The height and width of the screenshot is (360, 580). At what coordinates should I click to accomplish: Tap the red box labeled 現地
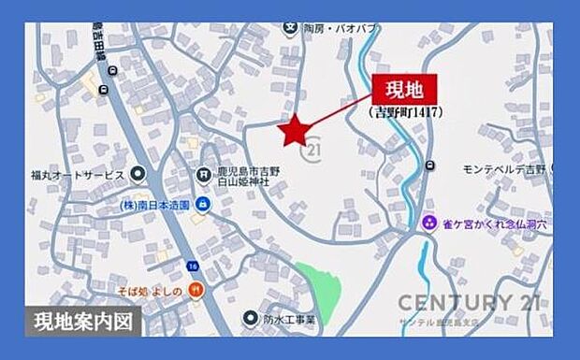pos(404,91)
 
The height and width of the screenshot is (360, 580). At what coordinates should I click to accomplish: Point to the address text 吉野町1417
pos(404,112)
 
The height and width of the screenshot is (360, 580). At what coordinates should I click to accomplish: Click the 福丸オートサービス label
pos(77,175)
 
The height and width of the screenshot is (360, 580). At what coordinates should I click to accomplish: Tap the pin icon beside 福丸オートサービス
pos(138,174)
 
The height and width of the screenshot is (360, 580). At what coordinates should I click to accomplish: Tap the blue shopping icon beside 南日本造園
pos(201,204)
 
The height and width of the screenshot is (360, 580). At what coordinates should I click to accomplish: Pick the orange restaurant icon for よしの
pos(196,291)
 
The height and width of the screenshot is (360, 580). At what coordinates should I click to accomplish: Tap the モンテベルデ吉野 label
pos(503,168)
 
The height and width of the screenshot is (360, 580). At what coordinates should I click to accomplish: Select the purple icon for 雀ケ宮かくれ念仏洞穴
pos(428,223)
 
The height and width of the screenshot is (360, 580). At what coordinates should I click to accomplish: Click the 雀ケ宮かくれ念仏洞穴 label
pos(492,223)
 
